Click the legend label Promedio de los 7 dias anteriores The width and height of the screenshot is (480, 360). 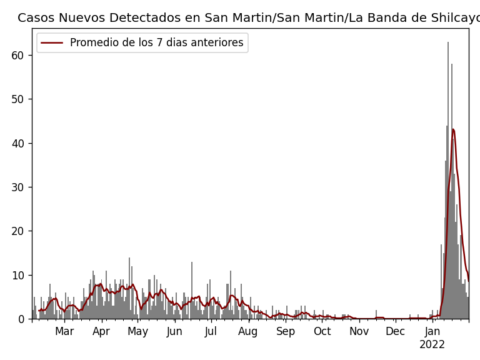pyautogui.click(x=156, y=43)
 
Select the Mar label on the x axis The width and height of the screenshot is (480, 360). pyautogui.click(x=64, y=332)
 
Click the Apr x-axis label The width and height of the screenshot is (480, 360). pyautogui.click(x=101, y=332)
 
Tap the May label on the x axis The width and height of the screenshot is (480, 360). pyautogui.click(x=137, y=332)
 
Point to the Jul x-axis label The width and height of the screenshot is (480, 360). pyautogui.click(x=211, y=332)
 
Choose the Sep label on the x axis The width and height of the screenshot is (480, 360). pyautogui.click(x=286, y=332)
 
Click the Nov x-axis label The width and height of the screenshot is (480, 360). pyautogui.click(x=359, y=332)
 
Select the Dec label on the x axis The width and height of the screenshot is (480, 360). pyautogui.click(x=395, y=332)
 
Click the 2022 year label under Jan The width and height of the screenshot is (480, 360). pyautogui.click(x=432, y=345)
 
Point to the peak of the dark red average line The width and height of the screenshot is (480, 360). pyautogui.click(x=453, y=129)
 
